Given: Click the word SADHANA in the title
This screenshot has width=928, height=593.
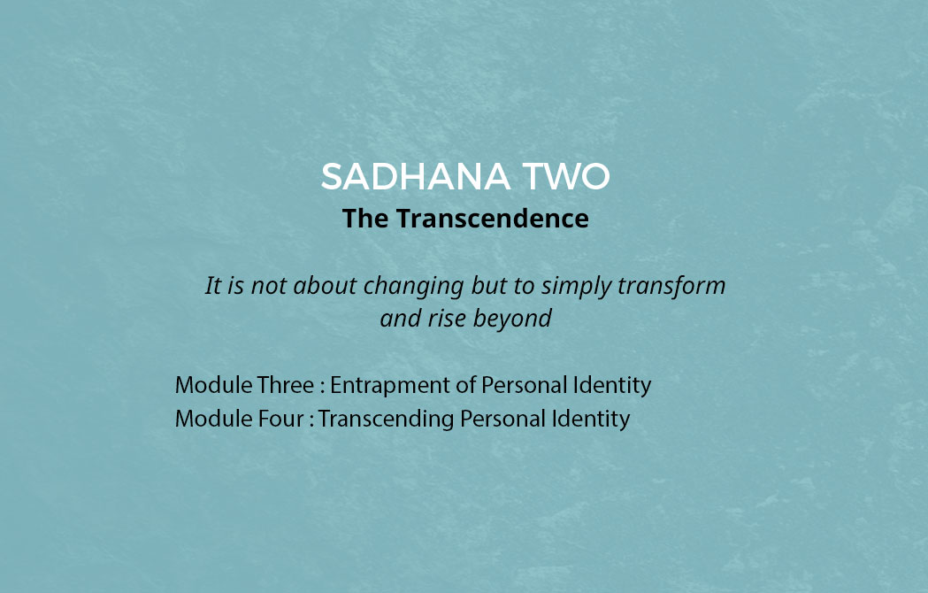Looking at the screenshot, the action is tap(416, 176).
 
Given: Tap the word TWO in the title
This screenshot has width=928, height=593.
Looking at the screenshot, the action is tap(566, 176).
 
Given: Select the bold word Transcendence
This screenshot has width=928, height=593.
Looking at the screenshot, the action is tap(493, 218).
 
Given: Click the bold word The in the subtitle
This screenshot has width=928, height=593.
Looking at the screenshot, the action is tap(365, 218).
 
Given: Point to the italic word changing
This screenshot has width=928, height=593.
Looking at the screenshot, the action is tap(413, 286).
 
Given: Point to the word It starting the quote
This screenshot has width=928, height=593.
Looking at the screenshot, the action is tap(212, 286).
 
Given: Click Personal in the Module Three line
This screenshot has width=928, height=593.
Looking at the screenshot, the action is tap(524, 385).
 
